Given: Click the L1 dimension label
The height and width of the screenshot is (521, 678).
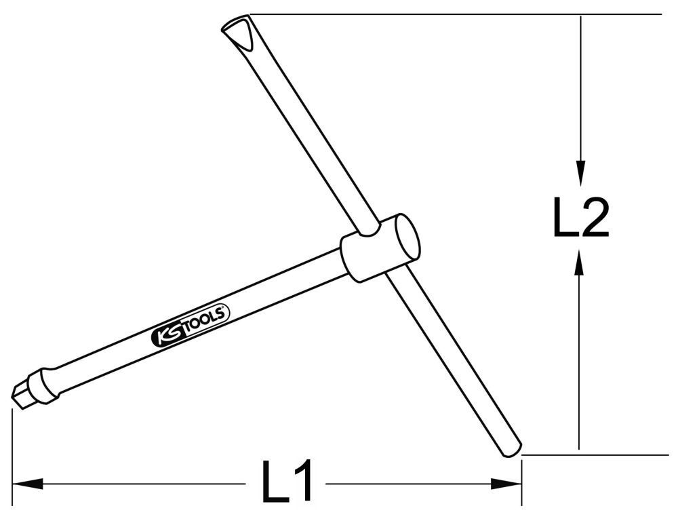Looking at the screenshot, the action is [287, 481].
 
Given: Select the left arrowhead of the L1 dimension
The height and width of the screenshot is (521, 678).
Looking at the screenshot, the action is [28, 484].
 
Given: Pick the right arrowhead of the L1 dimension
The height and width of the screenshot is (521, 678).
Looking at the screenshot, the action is [506, 484].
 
